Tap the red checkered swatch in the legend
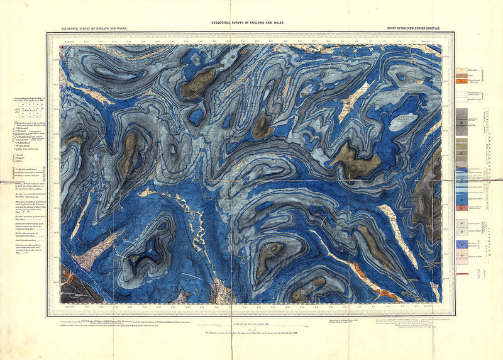tap(462, 207)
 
